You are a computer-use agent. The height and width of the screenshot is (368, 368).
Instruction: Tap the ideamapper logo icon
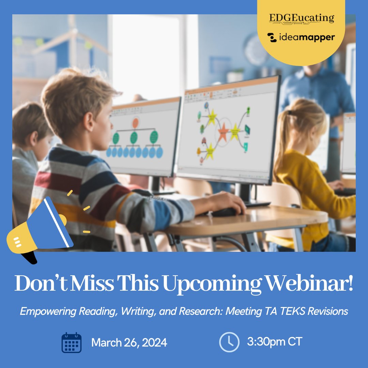click(x=272, y=38)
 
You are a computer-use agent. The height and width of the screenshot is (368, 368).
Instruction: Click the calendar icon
click(x=71, y=342)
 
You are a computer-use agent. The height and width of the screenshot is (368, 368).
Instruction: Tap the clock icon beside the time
click(x=229, y=342)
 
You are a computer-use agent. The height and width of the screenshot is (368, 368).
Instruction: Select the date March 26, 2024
click(x=129, y=342)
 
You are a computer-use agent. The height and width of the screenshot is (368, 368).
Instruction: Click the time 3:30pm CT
click(x=275, y=341)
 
